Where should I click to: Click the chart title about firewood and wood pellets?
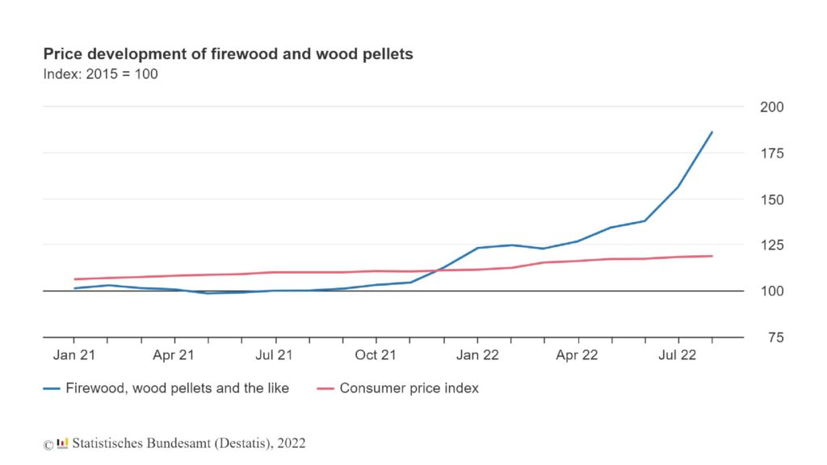228,55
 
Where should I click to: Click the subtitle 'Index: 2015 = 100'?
100,74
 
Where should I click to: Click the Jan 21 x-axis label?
74,354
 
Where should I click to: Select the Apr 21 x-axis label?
174,354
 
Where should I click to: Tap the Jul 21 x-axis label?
275,354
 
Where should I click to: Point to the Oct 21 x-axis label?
376,354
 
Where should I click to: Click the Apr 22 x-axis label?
577,354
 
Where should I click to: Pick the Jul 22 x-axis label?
678,354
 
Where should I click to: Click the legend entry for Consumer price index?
409,388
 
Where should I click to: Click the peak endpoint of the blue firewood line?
712,132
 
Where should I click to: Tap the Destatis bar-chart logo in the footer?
62,443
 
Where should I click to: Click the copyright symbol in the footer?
48,444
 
